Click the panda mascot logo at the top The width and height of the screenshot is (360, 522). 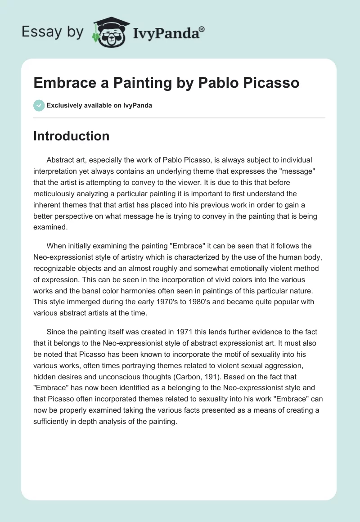[x=108, y=32]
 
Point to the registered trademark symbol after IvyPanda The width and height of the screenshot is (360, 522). [x=202, y=29]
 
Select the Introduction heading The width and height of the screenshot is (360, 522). [x=71, y=136]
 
